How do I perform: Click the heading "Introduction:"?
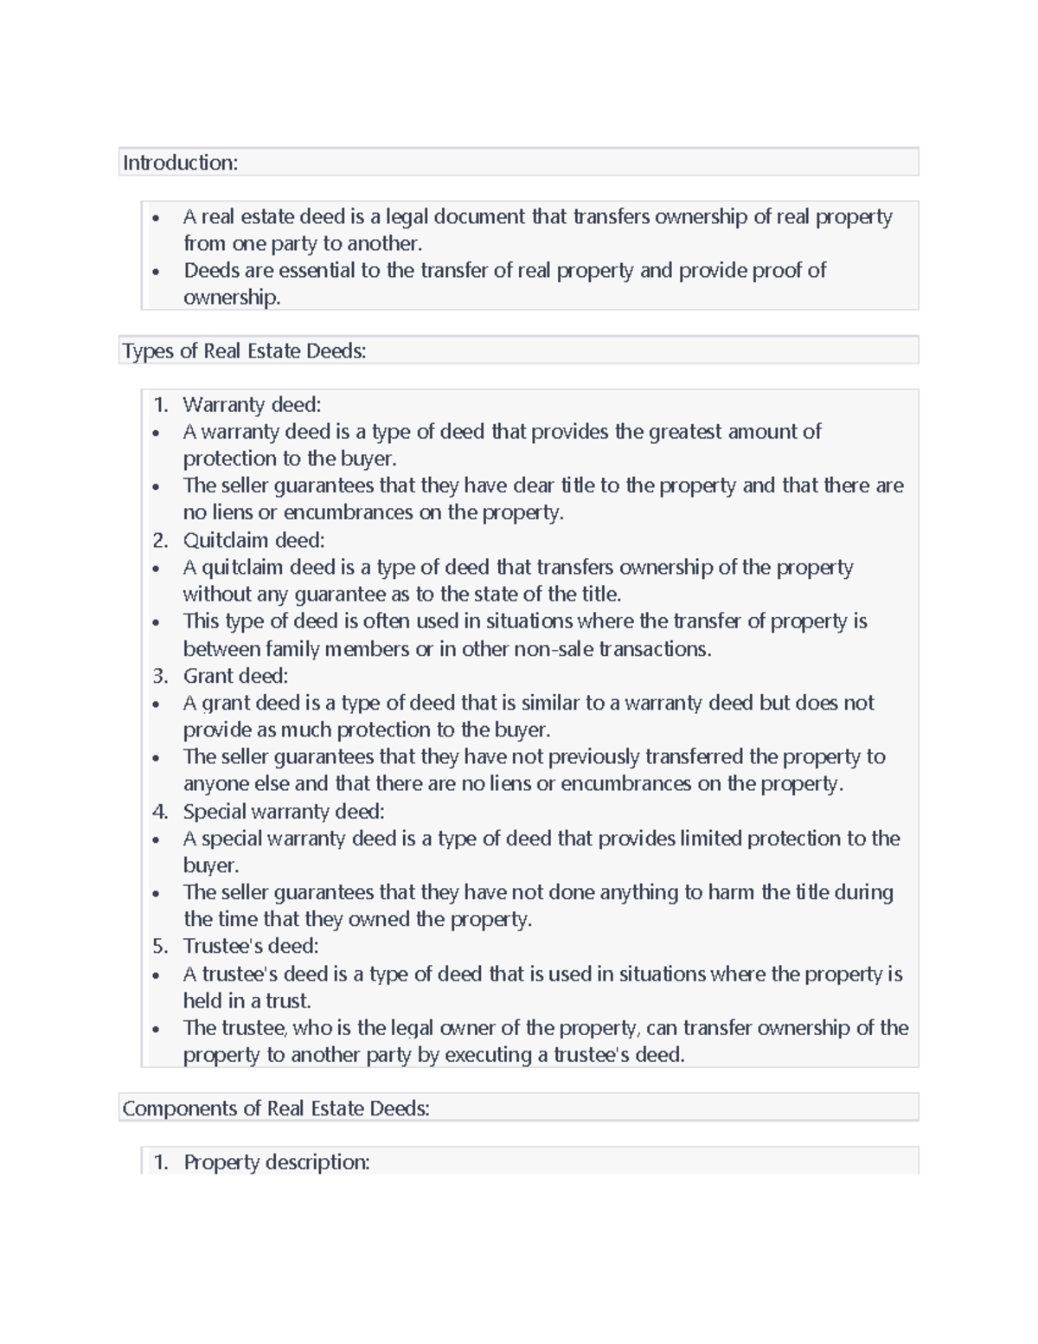pyautogui.click(x=180, y=163)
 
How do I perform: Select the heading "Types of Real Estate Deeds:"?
pyautogui.click(x=244, y=350)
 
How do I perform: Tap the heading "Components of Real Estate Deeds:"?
pyautogui.click(x=276, y=1109)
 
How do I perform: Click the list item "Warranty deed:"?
pyautogui.click(x=252, y=404)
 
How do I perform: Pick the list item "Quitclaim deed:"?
pyautogui.click(x=253, y=540)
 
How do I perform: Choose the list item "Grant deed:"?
pyautogui.click(x=235, y=675)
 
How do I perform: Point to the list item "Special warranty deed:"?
pyautogui.click(x=284, y=811)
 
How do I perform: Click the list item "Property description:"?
pyautogui.click(x=276, y=1161)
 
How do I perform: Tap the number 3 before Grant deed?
pyautogui.click(x=159, y=675)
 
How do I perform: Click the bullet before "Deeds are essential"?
pyautogui.click(x=156, y=272)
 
